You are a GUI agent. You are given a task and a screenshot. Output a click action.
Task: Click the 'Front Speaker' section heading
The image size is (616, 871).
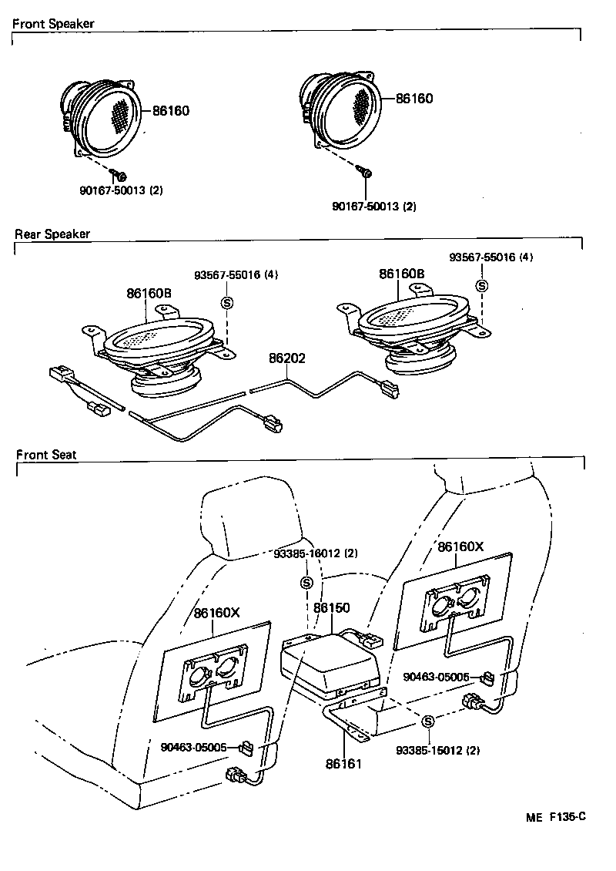(x=53, y=24)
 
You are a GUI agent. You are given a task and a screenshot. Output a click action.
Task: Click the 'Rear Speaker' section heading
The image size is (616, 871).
(x=52, y=234)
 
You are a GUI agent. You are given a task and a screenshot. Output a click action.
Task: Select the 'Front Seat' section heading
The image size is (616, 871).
(x=46, y=455)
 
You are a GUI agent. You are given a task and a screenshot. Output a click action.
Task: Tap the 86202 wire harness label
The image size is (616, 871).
(x=286, y=358)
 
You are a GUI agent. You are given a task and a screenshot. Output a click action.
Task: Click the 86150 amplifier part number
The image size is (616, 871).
(x=332, y=608)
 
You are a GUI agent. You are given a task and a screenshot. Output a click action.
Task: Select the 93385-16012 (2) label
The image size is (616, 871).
(x=316, y=553)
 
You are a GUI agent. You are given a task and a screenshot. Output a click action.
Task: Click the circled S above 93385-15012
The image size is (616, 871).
(x=429, y=720)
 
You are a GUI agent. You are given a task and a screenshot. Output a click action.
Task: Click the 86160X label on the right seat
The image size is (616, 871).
(x=460, y=546)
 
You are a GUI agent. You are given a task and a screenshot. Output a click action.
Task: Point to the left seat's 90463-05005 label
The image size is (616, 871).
(x=193, y=746)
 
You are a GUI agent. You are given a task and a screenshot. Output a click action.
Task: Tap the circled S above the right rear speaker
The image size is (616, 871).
(x=483, y=286)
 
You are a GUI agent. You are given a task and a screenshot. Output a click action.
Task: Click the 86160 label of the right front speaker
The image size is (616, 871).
(x=414, y=99)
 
